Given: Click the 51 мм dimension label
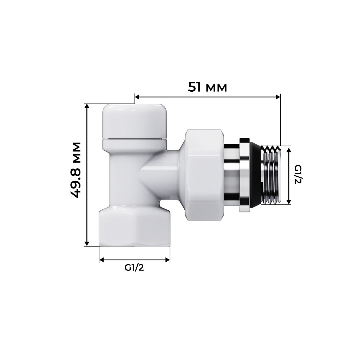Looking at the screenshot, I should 207,87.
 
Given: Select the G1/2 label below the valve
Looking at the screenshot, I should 134,268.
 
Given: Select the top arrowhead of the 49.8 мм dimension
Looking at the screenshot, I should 87,106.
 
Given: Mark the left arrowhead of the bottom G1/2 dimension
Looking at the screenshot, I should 102,260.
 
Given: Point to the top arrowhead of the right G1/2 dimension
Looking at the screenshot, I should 289,150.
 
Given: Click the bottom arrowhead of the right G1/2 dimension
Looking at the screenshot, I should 289,202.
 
